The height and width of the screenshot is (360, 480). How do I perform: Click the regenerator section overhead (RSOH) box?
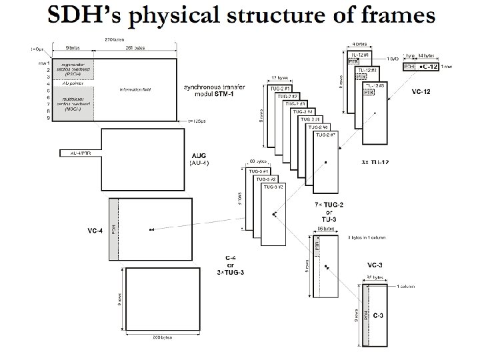pos(73,69)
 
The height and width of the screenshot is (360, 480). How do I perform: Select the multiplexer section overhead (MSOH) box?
pos(73,104)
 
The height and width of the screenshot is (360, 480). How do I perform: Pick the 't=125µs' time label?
pos(199,121)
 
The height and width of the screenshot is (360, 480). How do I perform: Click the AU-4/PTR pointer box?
pos(76,153)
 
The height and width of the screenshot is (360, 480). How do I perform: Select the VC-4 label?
pos(95,230)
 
